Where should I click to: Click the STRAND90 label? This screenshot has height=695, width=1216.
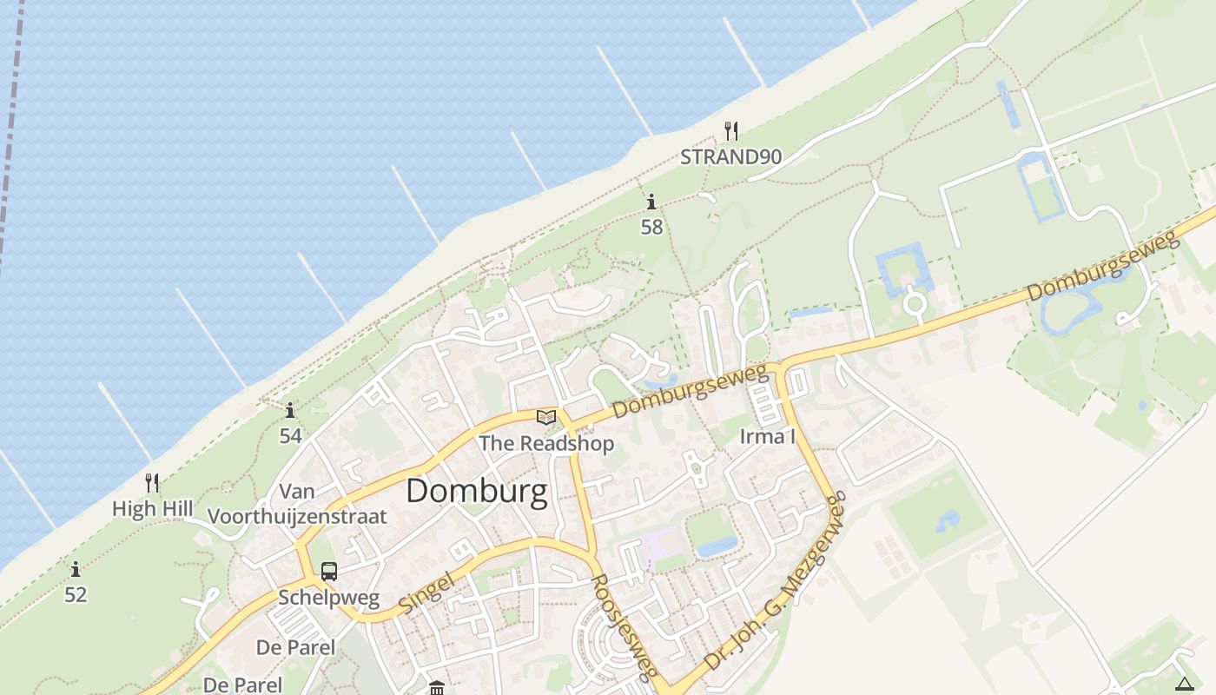coord(730,157)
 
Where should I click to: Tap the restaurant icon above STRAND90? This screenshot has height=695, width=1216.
coord(731,131)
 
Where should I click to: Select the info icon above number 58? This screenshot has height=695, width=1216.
coord(651,202)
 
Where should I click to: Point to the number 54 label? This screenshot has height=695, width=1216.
coord(290,435)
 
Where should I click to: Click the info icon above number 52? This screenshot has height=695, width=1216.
coord(76,570)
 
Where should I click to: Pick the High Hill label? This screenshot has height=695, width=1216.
coord(152,508)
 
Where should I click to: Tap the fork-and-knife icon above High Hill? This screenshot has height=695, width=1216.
coord(152,483)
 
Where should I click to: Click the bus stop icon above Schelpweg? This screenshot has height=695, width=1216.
coord(329,572)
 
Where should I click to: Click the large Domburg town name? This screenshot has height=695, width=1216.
coord(477,492)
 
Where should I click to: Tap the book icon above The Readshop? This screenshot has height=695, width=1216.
coord(546,418)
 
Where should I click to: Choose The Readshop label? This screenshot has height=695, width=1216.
coord(546,443)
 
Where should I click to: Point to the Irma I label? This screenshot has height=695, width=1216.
coord(767,436)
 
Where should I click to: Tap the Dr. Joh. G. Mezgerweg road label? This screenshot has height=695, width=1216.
coord(776,581)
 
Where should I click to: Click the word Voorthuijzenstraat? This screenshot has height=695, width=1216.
coord(297,516)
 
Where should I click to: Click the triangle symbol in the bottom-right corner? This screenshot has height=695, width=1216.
coord(1185,685)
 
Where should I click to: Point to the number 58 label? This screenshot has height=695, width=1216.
coord(651,228)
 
